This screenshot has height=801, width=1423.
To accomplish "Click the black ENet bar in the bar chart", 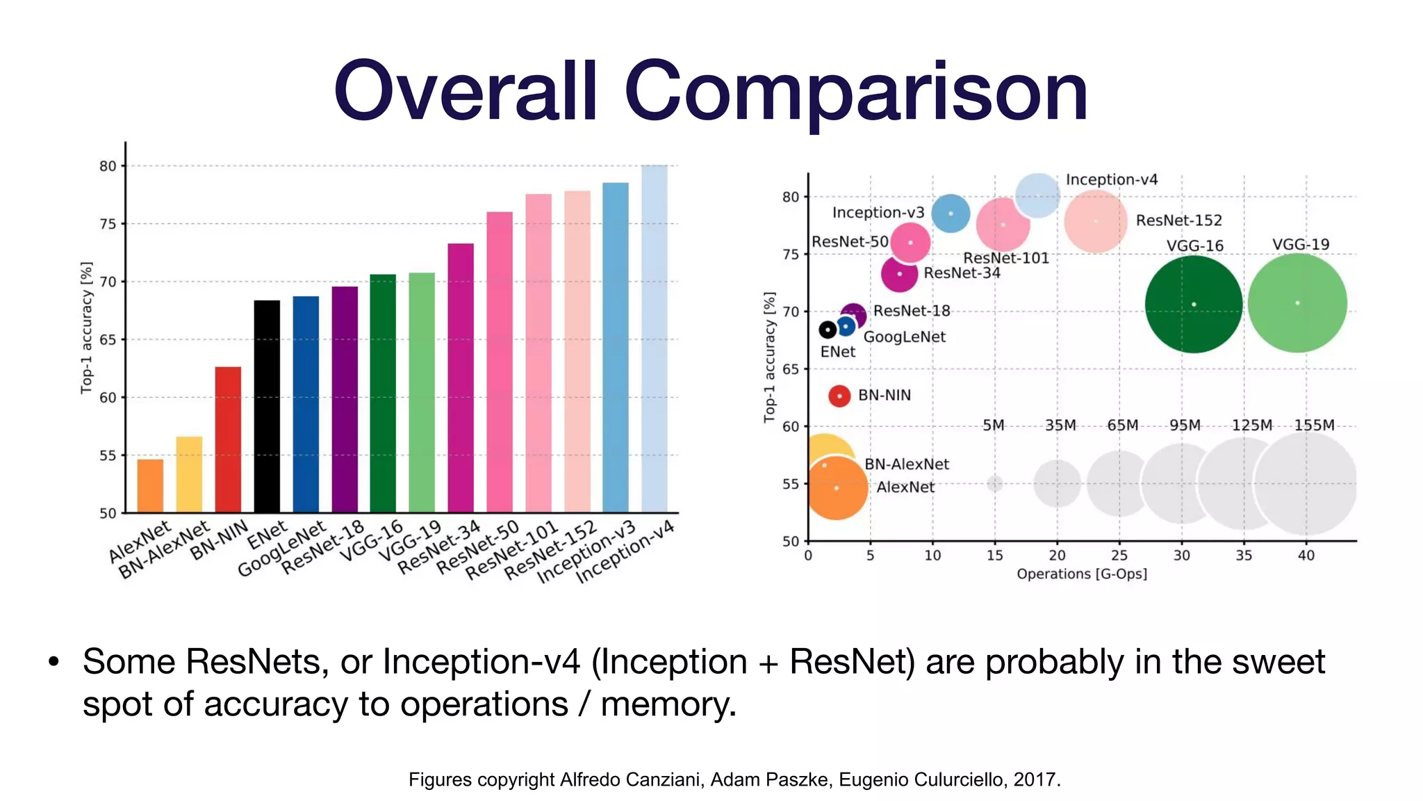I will click(267, 406).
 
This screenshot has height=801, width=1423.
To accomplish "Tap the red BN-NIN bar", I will click(228, 439).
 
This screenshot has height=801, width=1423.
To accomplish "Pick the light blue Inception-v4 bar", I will click(654, 339).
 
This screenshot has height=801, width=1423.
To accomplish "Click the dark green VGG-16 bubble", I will click(1193, 304).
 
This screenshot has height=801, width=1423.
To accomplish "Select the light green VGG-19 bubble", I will click(1297, 303).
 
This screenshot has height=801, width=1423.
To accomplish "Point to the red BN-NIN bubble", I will click(839, 396).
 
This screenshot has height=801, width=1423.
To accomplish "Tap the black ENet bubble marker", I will click(828, 330).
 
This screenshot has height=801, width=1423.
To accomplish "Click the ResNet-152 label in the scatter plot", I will click(1178, 220).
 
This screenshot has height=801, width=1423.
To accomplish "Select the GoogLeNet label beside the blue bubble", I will click(904, 337).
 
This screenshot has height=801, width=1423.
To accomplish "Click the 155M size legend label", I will click(1314, 425).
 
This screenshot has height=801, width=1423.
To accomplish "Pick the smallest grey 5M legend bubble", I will click(995, 483).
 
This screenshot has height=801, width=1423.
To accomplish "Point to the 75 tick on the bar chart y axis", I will click(108, 224).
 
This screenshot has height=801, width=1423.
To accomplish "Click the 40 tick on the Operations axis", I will click(1306, 555).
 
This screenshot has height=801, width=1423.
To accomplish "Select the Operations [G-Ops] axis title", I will click(1081, 574).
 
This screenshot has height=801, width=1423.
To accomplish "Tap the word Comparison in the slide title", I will click(855, 92).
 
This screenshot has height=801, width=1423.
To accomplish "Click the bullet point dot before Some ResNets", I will click(54, 662).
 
